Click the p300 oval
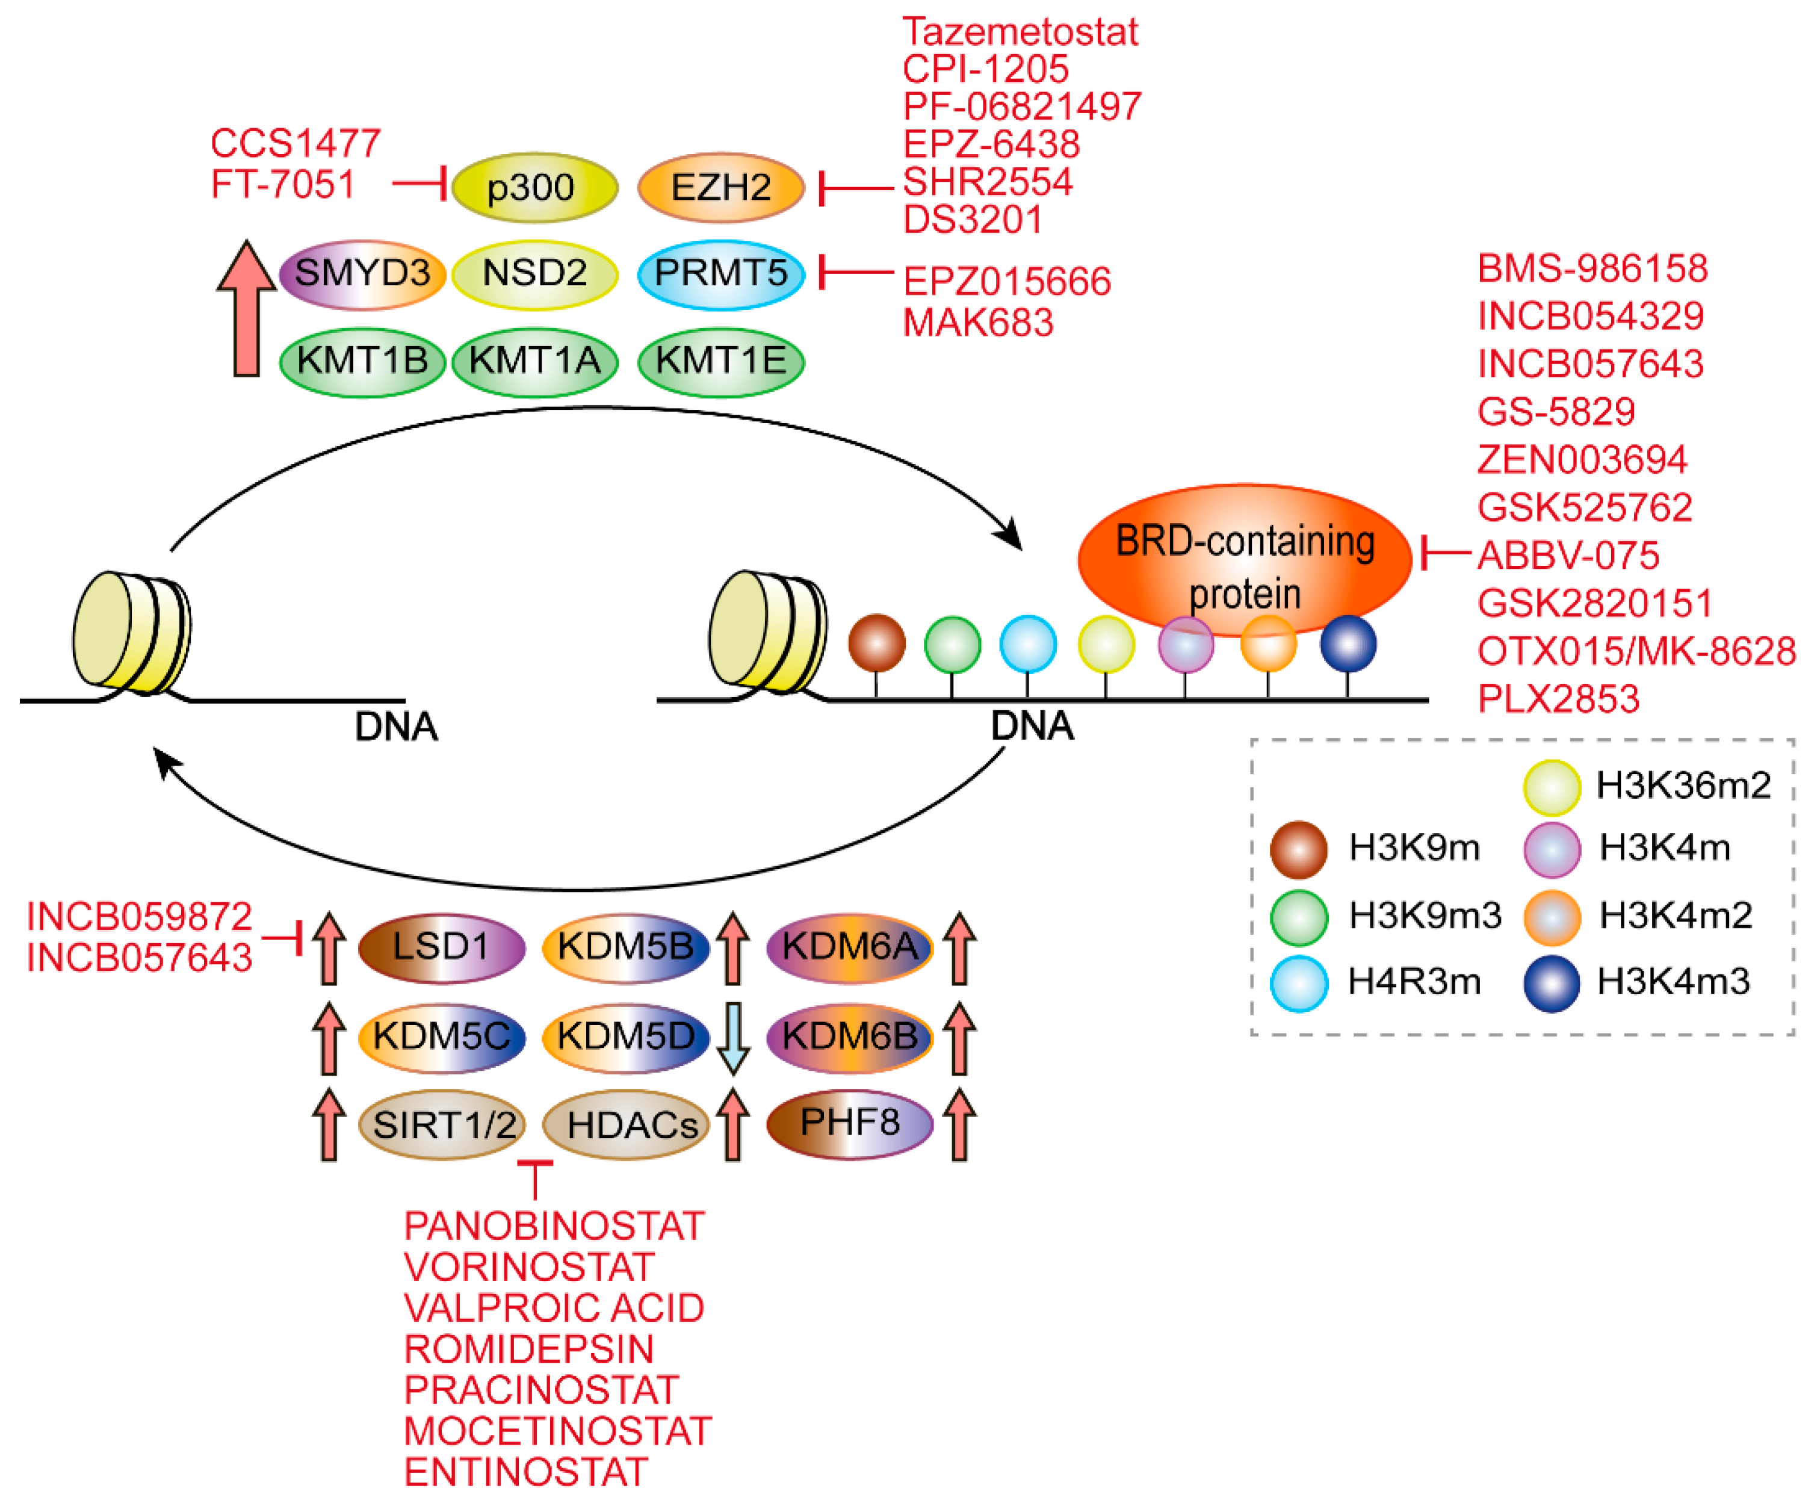[x=534, y=188]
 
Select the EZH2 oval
[x=721, y=188]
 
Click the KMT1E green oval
[x=721, y=361]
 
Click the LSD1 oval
[x=441, y=947]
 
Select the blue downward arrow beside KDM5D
[x=733, y=1037]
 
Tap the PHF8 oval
[x=850, y=1123]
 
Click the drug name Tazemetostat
[x=1020, y=32]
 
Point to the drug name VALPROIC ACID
[x=554, y=1307]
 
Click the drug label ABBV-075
[x=1567, y=555]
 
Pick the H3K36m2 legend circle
[x=1552, y=787]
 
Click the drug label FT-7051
[x=283, y=184]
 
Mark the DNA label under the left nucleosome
[x=396, y=726]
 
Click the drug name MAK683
[x=978, y=323]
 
